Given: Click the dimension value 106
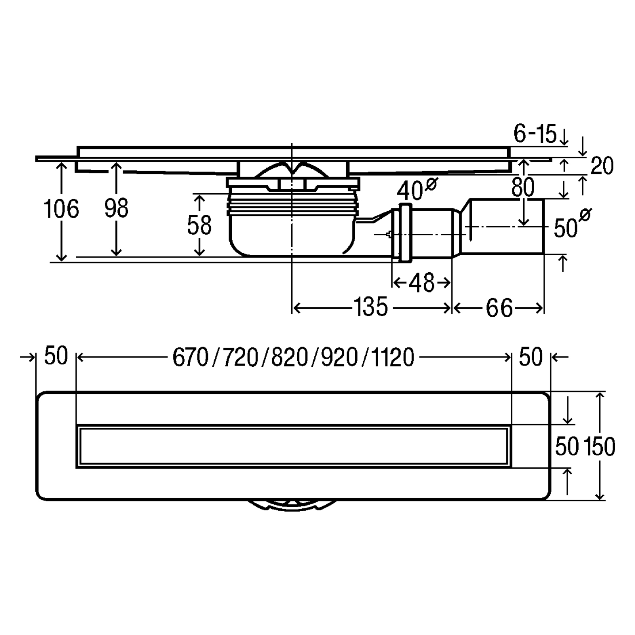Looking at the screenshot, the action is [x=61, y=209].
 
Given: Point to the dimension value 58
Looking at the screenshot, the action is [x=199, y=225].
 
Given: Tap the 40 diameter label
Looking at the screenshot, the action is [x=417, y=189].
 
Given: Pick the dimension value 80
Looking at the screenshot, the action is [x=523, y=187].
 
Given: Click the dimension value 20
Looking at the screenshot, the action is [x=602, y=166].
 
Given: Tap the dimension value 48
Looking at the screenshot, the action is [x=421, y=283].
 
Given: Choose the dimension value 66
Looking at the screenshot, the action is [x=499, y=308].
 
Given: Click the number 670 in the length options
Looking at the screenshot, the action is [x=190, y=357].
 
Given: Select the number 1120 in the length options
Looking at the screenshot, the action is [x=392, y=357].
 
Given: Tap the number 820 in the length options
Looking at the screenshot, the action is [x=290, y=357].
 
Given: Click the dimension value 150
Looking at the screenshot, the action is [x=599, y=446].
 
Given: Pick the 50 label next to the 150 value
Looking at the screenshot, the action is [x=567, y=446].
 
